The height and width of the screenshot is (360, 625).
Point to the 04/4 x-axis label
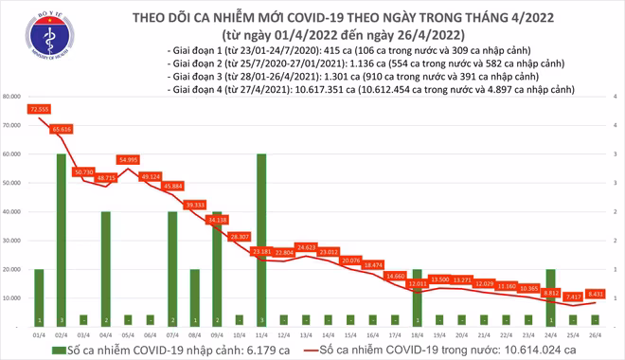[105, 335]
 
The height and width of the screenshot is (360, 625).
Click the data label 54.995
[129, 160]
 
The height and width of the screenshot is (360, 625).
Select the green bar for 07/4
[172, 269]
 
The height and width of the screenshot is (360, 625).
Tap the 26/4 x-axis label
[593, 335]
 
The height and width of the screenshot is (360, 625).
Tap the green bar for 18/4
[417, 297]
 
